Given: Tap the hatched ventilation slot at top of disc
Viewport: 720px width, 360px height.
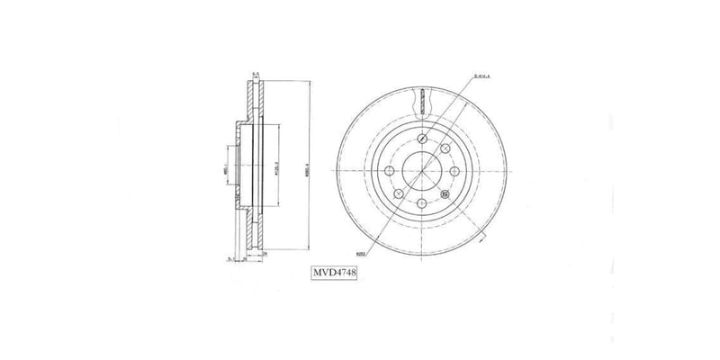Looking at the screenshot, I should [420, 101].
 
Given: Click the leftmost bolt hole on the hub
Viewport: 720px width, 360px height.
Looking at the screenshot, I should [388, 169].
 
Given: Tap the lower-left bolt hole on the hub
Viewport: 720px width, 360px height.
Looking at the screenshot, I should [400, 192].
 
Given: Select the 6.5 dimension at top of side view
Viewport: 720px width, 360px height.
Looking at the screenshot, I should [256, 72].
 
